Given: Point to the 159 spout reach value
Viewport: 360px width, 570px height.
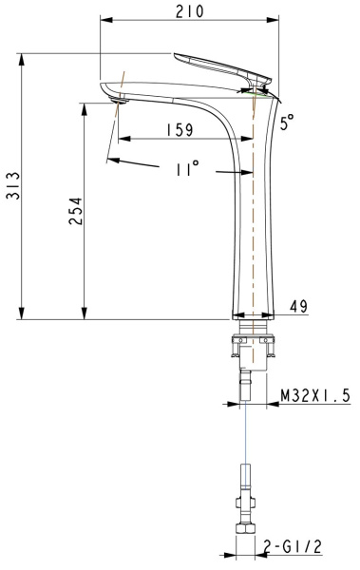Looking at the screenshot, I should coord(178,130).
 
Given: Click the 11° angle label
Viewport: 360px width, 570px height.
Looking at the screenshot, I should coord(186,167).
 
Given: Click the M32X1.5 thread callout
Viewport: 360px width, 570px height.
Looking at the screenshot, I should coord(314,394).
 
